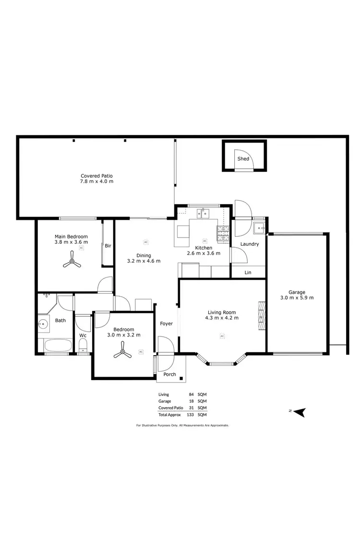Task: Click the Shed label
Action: click(x=243, y=158)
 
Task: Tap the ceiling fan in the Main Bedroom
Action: click(x=72, y=263)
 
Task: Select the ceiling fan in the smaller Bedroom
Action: click(x=123, y=354)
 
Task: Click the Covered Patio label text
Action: click(x=96, y=176)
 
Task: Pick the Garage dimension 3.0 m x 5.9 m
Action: click(x=297, y=298)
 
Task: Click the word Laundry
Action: click(x=250, y=244)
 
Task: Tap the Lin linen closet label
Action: click(x=248, y=272)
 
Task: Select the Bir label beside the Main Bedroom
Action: click(x=108, y=246)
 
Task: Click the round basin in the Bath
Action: click(x=44, y=324)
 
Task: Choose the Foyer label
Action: click(x=166, y=324)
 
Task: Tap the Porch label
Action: click(x=169, y=374)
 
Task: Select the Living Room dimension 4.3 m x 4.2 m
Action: click(x=222, y=317)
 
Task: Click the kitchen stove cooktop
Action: click(x=223, y=232)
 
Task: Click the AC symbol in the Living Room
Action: click(x=222, y=336)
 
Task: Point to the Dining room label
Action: click(x=143, y=255)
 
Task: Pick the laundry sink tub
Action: click(x=260, y=227)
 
